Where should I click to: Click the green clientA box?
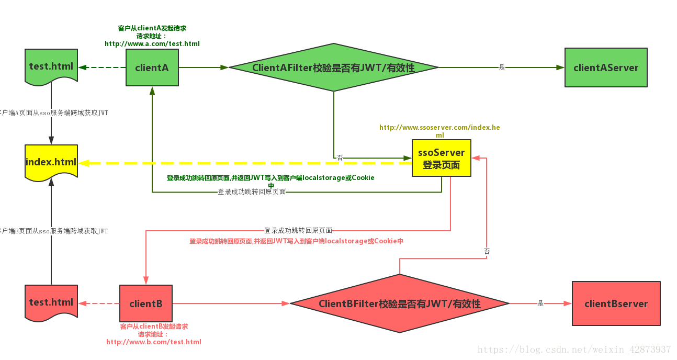152,67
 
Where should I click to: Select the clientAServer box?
606,67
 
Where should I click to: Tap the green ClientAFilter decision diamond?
333,67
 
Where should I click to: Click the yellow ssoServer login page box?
441,158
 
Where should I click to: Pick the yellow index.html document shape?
51,162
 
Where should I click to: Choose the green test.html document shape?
51,66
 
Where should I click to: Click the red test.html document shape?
51,302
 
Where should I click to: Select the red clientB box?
145,303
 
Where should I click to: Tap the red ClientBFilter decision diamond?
399,303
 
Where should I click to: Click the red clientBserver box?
616,303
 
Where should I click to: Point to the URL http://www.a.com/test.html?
152,44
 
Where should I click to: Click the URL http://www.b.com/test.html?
154,342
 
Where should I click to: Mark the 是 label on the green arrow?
502,67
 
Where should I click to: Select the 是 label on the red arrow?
540,303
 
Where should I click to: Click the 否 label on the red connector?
487,252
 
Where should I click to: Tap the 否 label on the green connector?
340,157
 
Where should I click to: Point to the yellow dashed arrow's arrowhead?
84,163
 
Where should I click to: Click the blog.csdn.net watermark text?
574,350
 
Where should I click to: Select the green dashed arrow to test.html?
102,67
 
